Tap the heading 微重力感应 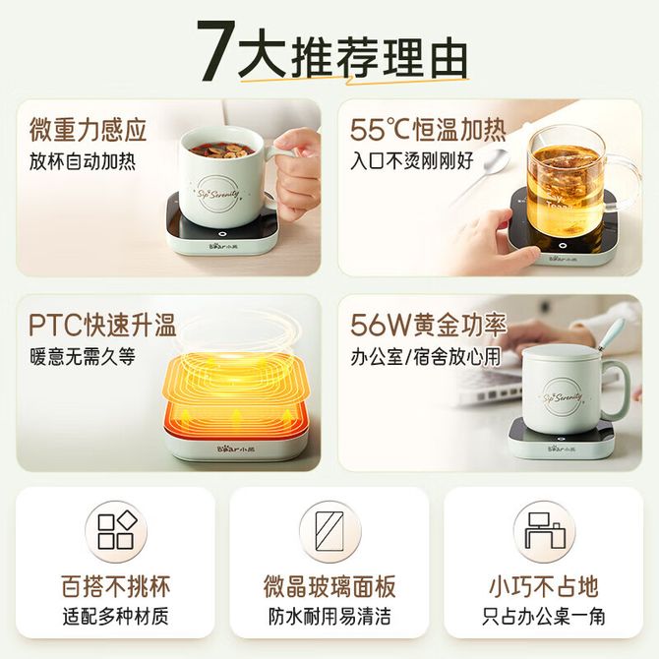(89, 130)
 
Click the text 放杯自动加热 (83, 162)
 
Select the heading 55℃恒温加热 (428, 130)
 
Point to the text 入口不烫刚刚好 (412, 162)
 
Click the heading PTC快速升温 (102, 325)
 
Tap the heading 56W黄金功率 (429, 325)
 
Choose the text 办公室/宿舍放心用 (426, 357)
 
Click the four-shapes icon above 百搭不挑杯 (116, 531)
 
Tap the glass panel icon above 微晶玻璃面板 (329, 531)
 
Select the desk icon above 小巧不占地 (544, 530)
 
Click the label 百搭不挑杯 (116, 586)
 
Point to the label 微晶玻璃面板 (329, 586)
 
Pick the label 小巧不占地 (544, 586)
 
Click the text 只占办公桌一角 (544, 617)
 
